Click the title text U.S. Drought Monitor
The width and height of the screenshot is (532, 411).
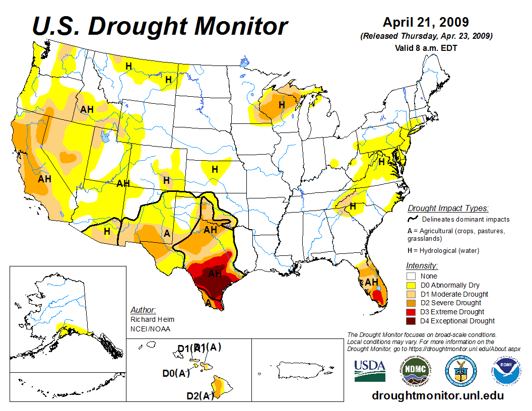[160, 25]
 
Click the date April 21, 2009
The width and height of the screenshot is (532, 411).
[426, 22]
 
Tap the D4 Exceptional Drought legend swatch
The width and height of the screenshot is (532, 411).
[411, 321]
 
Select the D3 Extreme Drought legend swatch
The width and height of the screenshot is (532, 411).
[411, 312]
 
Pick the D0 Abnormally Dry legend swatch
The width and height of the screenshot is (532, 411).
[411, 285]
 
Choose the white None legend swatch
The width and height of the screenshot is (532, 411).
[411, 276]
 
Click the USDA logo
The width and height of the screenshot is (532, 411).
[370, 371]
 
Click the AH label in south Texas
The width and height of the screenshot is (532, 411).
[215, 273]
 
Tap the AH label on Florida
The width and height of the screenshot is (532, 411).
[371, 282]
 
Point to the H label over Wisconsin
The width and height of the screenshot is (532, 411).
[282, 104]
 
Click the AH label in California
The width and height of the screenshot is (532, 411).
[45, 178]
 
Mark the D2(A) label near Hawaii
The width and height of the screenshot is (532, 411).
[200, 396]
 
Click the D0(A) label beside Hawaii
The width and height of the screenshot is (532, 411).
[176, 373]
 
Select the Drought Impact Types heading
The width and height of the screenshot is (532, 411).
[448, 208]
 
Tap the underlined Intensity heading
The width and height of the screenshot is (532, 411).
[422, 265]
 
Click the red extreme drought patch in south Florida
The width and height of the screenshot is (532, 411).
[381, 300]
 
